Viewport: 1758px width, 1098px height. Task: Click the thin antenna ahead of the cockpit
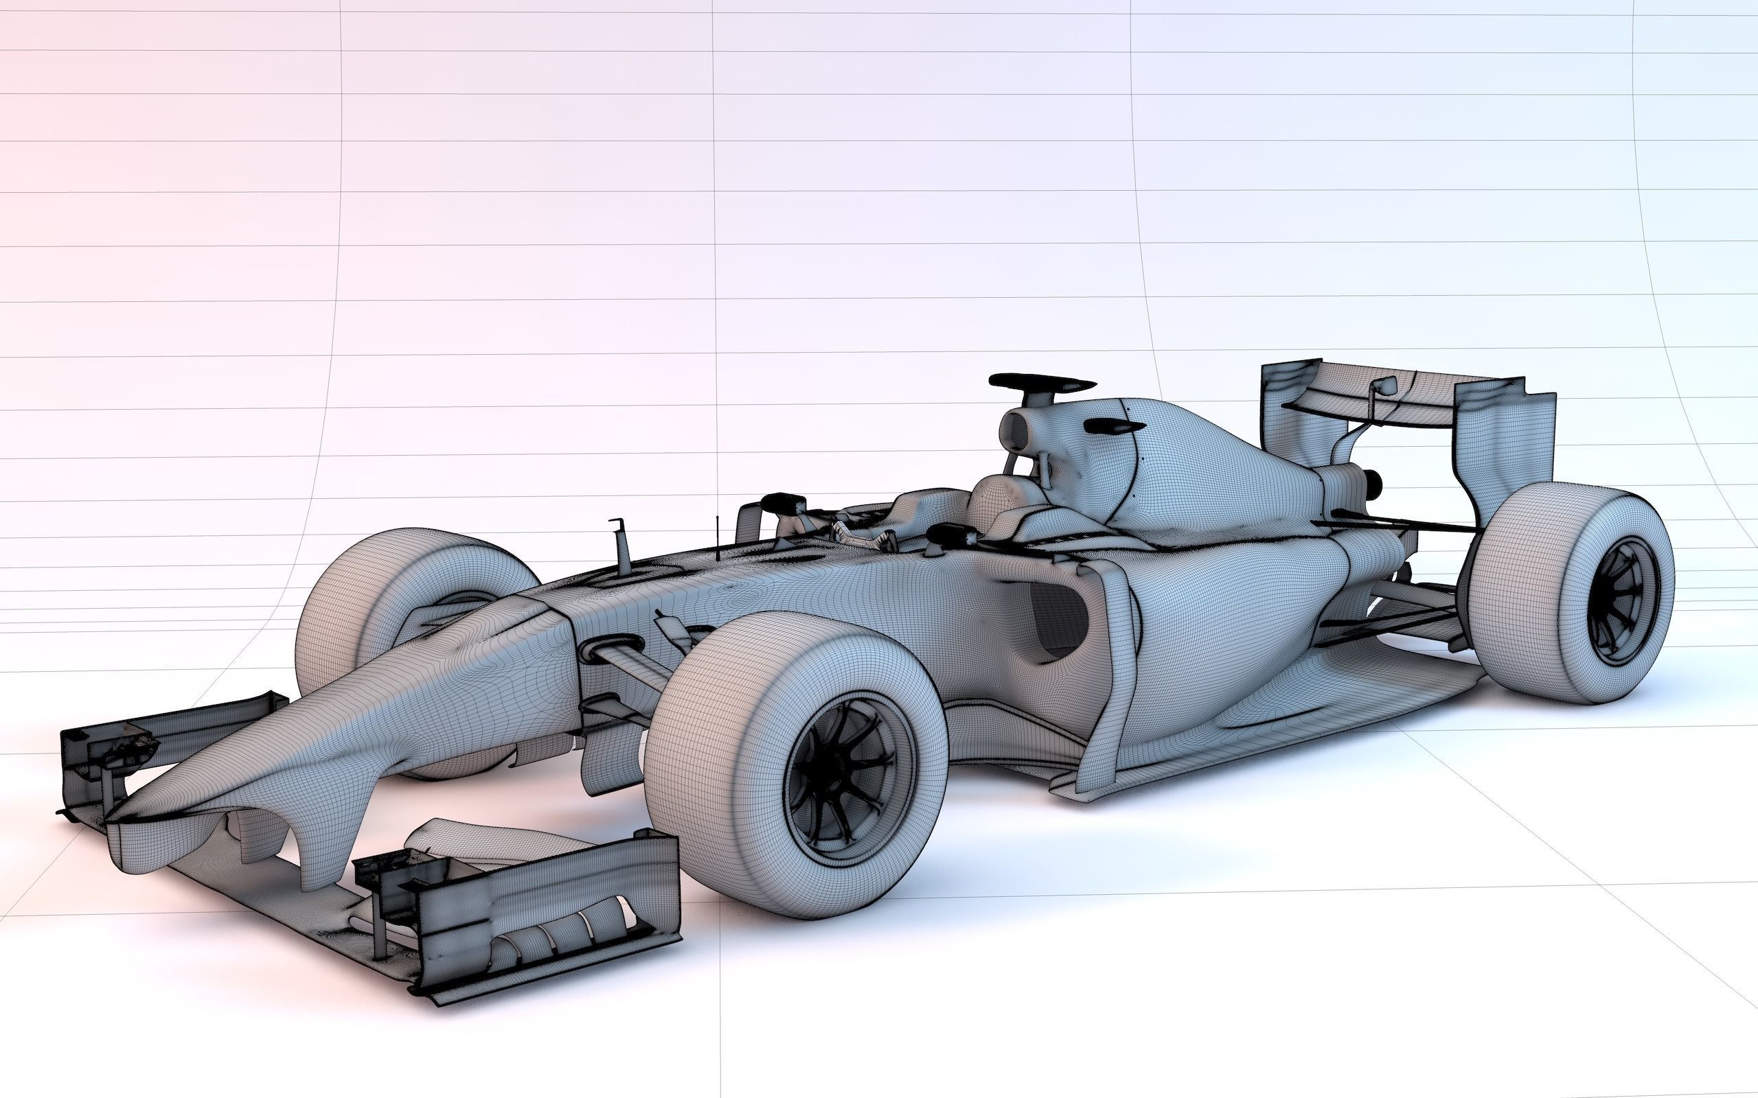coord(718,537)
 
